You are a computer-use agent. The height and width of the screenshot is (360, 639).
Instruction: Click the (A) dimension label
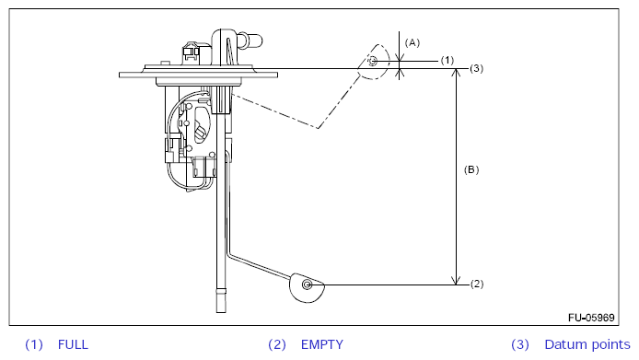(x=412, y=42)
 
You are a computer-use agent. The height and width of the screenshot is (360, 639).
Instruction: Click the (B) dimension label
(x=471, y=169)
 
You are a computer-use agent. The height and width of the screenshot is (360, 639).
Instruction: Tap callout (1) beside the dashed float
(x=447, y=61)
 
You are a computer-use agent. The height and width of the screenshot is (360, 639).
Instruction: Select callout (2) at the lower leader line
(x=477, y=284)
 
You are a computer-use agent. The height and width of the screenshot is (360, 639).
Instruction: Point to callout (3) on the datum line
(x=476, y=68)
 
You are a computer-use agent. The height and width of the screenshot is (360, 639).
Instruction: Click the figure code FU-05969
(x=591, y=318)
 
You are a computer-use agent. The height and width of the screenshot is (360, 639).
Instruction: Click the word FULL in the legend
(x=73, y=344)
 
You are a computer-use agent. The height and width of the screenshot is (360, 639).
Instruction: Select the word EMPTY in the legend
(x=322, y=344)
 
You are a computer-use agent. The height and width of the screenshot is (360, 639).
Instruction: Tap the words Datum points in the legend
(x=587, y=344)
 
